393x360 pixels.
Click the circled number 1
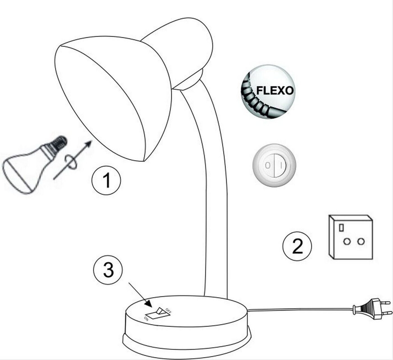[106, 180]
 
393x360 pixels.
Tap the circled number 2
[297, 246]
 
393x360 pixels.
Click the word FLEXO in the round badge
[275, 90]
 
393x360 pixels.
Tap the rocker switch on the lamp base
[158, 314]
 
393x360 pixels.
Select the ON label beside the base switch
[146, 318]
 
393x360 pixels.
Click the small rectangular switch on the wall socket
[341, 227]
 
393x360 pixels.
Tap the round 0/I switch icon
[274, 165]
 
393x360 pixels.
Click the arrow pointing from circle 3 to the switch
[140, 295]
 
